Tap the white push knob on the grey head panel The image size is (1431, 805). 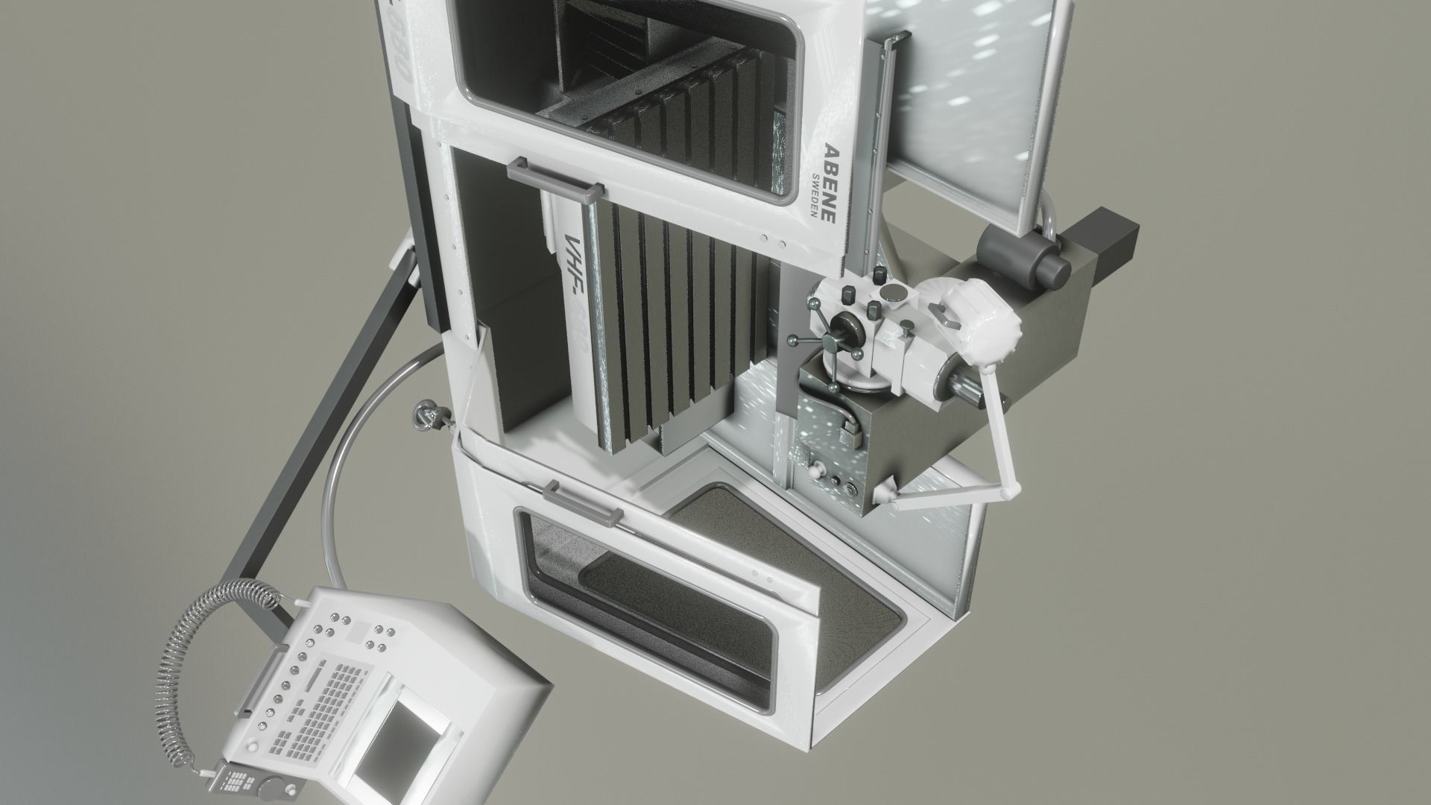(x=818, y=470)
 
